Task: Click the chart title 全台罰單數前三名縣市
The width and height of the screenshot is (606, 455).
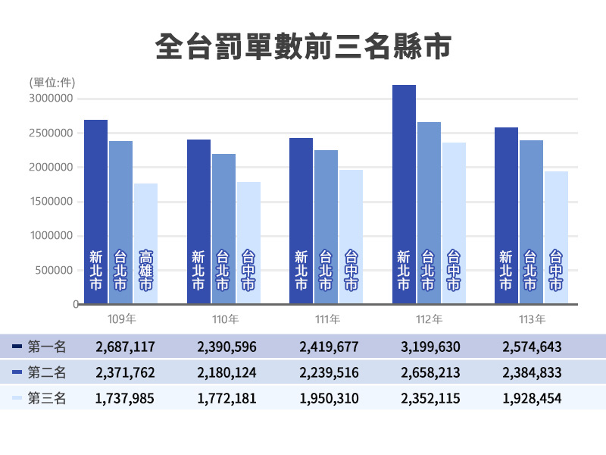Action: click(x=302, y=45)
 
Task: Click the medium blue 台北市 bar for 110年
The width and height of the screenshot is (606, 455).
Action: click(x=223, y=228)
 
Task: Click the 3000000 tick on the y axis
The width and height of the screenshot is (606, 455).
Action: click(x=51, y=99)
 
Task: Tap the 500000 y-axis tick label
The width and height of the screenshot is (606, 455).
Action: click(x=55, y=270)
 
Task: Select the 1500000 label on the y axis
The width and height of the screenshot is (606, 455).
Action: click(x=51, y=202)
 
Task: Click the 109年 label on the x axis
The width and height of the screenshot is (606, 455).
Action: click(x=121, y=319)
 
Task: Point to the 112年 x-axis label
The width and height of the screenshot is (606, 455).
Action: click(x=428, y=319)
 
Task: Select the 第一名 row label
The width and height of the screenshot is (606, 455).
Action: click(x=47, y=347)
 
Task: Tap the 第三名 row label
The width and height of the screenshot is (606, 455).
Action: click(x=47, y=397)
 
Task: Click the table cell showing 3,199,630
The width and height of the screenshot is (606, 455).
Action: click(x=430, y=347)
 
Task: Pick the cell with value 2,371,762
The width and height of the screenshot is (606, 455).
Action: click(x=125, y=372)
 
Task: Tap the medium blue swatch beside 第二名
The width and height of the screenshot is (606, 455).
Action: click(x=17, y=372)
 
